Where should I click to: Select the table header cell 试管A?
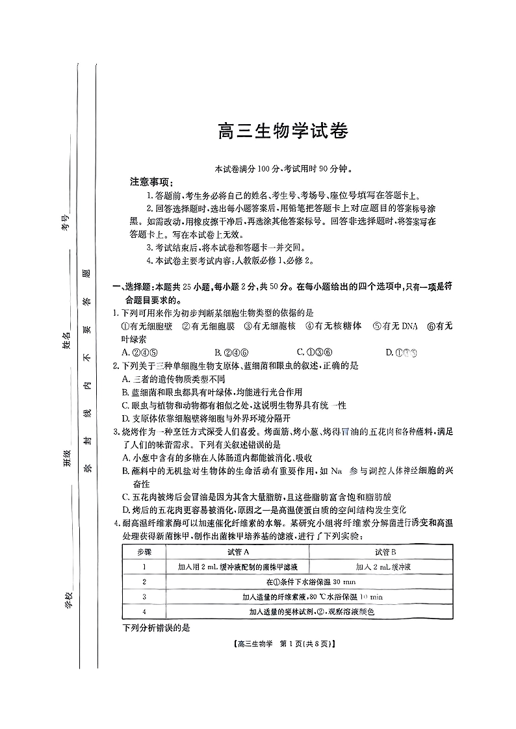(x=238, y=552)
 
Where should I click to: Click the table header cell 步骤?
(x=144, y=552)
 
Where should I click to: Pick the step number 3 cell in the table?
(x=144, y=596)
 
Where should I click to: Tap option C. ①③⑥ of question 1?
(x=311, y=353)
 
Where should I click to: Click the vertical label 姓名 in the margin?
(x=66, y=339)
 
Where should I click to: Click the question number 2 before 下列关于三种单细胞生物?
(x=116, y=366)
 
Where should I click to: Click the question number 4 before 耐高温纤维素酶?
(x=116, y=523)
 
